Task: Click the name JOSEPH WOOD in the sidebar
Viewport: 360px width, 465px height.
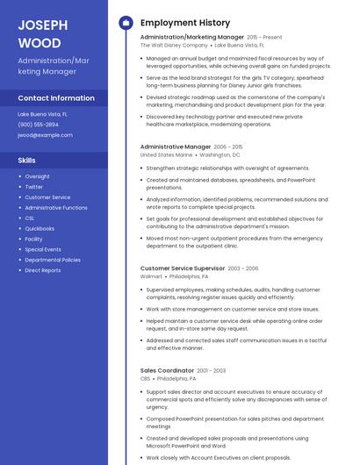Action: [40, 32]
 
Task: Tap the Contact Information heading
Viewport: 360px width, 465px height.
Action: [56, 98]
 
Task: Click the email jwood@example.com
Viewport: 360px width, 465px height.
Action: [46, 135]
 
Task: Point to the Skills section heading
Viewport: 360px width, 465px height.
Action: [27, 161]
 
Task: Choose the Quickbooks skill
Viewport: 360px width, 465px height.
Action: [40, 228]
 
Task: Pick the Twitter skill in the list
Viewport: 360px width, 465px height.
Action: [34, 187]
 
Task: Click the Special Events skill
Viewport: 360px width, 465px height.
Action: [43, 249]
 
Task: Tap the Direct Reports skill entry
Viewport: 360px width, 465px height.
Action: [43, 270]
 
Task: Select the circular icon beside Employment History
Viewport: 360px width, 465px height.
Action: [125, 23]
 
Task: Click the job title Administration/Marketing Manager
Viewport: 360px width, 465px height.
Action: [191, 38]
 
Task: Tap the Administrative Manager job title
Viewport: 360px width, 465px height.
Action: [176, 147]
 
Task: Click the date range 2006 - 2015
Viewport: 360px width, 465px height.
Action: [228, 147]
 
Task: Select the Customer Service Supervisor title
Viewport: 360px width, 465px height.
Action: [183, 268]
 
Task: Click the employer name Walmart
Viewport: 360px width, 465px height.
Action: [151, 275]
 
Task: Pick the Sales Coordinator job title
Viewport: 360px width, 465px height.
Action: [166, 370]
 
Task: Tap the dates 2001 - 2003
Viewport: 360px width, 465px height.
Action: [211, 370]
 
